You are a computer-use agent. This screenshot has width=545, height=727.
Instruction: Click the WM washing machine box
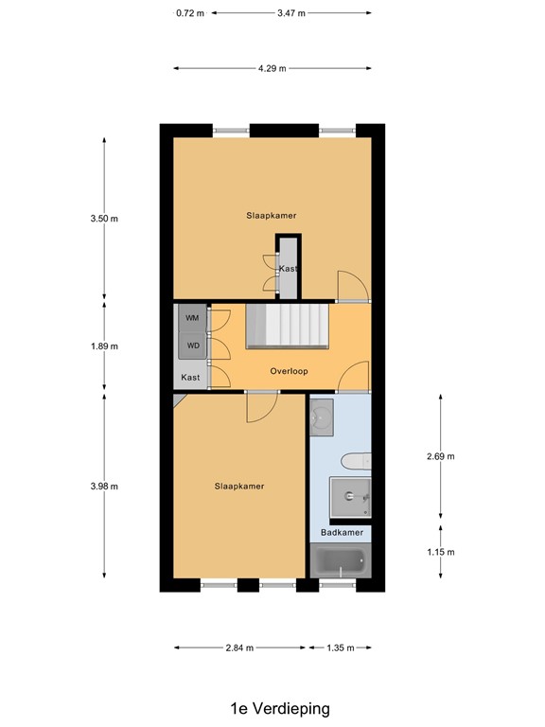tap(192, 318)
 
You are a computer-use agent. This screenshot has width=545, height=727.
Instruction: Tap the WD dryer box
tap(192, 346)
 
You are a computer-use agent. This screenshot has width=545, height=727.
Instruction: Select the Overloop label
tap(288, 371)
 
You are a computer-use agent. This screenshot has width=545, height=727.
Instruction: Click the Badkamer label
tap(342, 533)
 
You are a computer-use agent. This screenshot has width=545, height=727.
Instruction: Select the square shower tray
tap(350, 497)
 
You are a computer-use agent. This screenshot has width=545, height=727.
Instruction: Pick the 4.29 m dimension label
tap(272, 68)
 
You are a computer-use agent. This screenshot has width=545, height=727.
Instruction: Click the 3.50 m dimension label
tap(104, 219)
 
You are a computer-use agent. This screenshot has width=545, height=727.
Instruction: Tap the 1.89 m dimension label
tap(104, 346)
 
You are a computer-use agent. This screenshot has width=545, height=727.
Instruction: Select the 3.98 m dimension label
tap(104, 487)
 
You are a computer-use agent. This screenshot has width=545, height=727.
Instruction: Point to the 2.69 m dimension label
tap(441, 456)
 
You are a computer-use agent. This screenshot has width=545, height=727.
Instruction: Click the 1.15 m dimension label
tap(441, 552)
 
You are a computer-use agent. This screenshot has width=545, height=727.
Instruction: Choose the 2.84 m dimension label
tap(240, 648)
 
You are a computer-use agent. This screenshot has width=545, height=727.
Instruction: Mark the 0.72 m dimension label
tap(190, 13)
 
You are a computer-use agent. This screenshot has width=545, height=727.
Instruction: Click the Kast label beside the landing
tap(190, 378)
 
